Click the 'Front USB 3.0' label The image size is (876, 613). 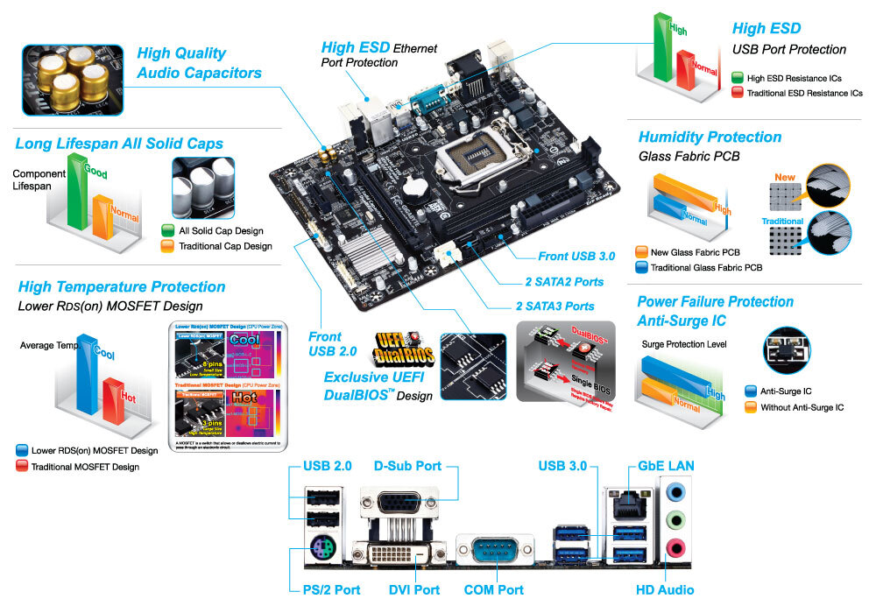tap(576, 257)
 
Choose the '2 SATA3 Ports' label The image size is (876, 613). tap(555, 306)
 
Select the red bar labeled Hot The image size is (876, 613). tap(114, 405)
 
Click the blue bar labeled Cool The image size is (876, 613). tap(86, 377)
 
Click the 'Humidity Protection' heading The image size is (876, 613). tap(710, 137)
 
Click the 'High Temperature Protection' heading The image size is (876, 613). tap(122, 286)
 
